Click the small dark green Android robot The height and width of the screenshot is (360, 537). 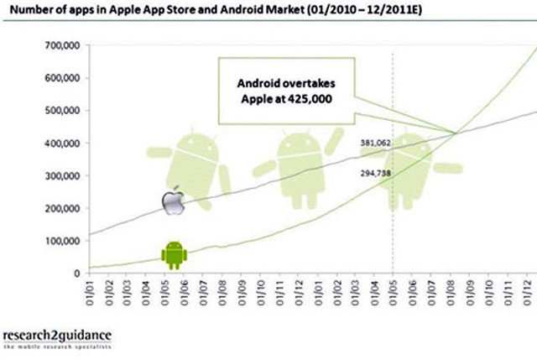174,253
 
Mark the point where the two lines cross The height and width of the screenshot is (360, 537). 456,133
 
